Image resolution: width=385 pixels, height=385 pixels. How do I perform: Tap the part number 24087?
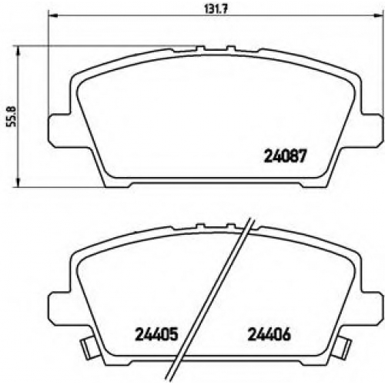[285, 156]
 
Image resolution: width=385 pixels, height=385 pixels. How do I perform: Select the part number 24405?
[156, 334]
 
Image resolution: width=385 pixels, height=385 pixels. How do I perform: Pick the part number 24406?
[269, 334]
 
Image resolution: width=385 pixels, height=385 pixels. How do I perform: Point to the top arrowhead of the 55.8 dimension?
[18, 51]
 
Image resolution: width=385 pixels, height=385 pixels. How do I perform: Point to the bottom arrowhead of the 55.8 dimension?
[18, 182]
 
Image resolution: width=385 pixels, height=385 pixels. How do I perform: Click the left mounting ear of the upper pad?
[59, 130]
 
